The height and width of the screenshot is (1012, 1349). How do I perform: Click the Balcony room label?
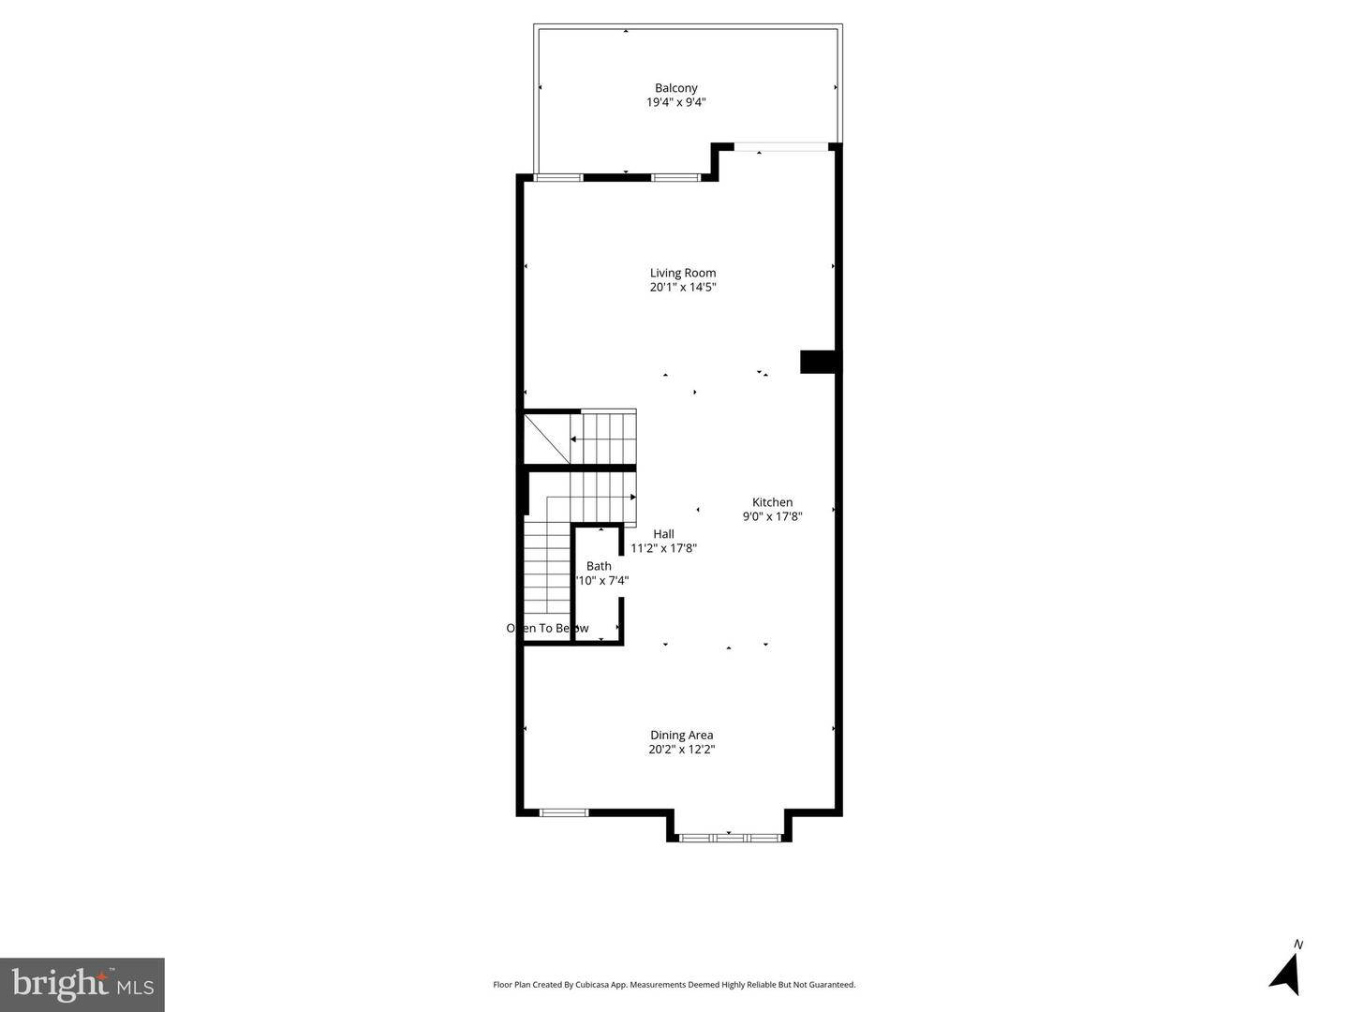(x=675, y=88)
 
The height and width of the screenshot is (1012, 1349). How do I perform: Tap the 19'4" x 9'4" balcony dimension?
(x=675, y=102)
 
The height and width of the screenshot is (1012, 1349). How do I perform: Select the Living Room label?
(x=683, y=273)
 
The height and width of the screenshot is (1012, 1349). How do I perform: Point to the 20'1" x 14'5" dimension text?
(x=683, y=288)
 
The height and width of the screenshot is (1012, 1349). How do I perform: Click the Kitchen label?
(x=772, y=502)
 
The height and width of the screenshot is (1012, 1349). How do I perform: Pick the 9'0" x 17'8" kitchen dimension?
(x=772, y=516)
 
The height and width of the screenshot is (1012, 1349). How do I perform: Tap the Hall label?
(x=663, y=534)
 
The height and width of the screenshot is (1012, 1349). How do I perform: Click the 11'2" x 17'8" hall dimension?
(x=663, y=548)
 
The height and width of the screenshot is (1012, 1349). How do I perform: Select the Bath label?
(x=599, y=566)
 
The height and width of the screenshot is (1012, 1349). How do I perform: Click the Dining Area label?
(x=682, y=735)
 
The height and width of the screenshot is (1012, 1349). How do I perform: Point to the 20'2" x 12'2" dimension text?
(x=682, y=750)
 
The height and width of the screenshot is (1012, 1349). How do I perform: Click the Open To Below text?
(x=548, y=628)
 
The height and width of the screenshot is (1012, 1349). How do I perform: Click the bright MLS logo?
(x=82, y=984)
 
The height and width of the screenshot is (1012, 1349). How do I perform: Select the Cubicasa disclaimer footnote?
(x=674, y=985)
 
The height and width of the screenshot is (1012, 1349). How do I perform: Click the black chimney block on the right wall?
(x=818, y=362)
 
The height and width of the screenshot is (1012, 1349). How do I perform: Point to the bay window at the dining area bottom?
(x=729, y=836)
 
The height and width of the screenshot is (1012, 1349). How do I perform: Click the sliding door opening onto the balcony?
(x=780, y=147)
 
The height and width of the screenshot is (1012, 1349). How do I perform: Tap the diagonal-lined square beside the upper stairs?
(x=546, y=439)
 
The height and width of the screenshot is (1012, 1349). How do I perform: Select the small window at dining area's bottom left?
(x=564, y=812)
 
